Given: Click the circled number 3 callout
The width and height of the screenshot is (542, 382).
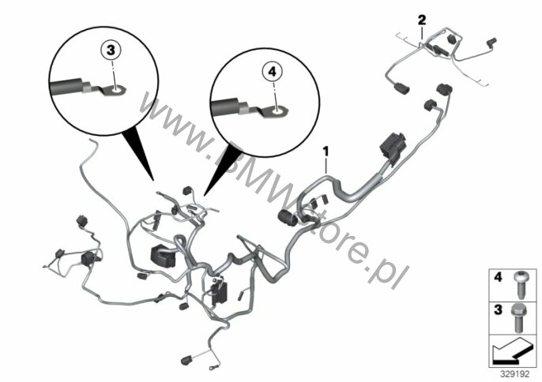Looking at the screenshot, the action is pyautogui.click(x=111, y=51).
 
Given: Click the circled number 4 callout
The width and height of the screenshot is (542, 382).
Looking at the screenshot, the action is pyautogui.click(x=273, y=72).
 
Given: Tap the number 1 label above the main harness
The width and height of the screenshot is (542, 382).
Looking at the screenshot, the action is pyautogui.click(x=326, y=152).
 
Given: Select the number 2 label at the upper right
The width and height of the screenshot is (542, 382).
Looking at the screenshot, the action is pyautogui.click(x=422, y=21).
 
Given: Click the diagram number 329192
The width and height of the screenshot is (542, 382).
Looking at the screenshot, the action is pyautogui.click(x=515, y=374).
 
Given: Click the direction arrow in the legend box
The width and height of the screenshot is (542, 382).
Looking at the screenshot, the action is pyautogui.click(x=512, y=351).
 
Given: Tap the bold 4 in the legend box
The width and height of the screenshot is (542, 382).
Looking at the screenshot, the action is pyautogui.click(x=498, y=277).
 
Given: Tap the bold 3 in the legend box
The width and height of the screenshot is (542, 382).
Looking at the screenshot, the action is pyautogui.click(x=498, y=309).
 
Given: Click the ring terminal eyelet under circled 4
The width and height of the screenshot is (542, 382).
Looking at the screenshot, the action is pyautogui.click(x=277, y=111).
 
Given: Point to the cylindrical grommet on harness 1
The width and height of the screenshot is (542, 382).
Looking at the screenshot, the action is pyautogui.click(x=288, y=218).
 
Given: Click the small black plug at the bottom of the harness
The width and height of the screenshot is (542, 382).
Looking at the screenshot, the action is pyautogui.click(x=187, y=360).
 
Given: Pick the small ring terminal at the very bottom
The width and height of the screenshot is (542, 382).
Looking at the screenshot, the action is pyautogui.click(x=210, y=369).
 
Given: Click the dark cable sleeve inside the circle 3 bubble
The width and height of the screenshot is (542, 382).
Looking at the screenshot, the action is pyautogui.click(x=67, y=87).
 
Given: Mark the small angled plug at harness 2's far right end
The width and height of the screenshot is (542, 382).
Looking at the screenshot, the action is pyautogui.click(x=491, y=41).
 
